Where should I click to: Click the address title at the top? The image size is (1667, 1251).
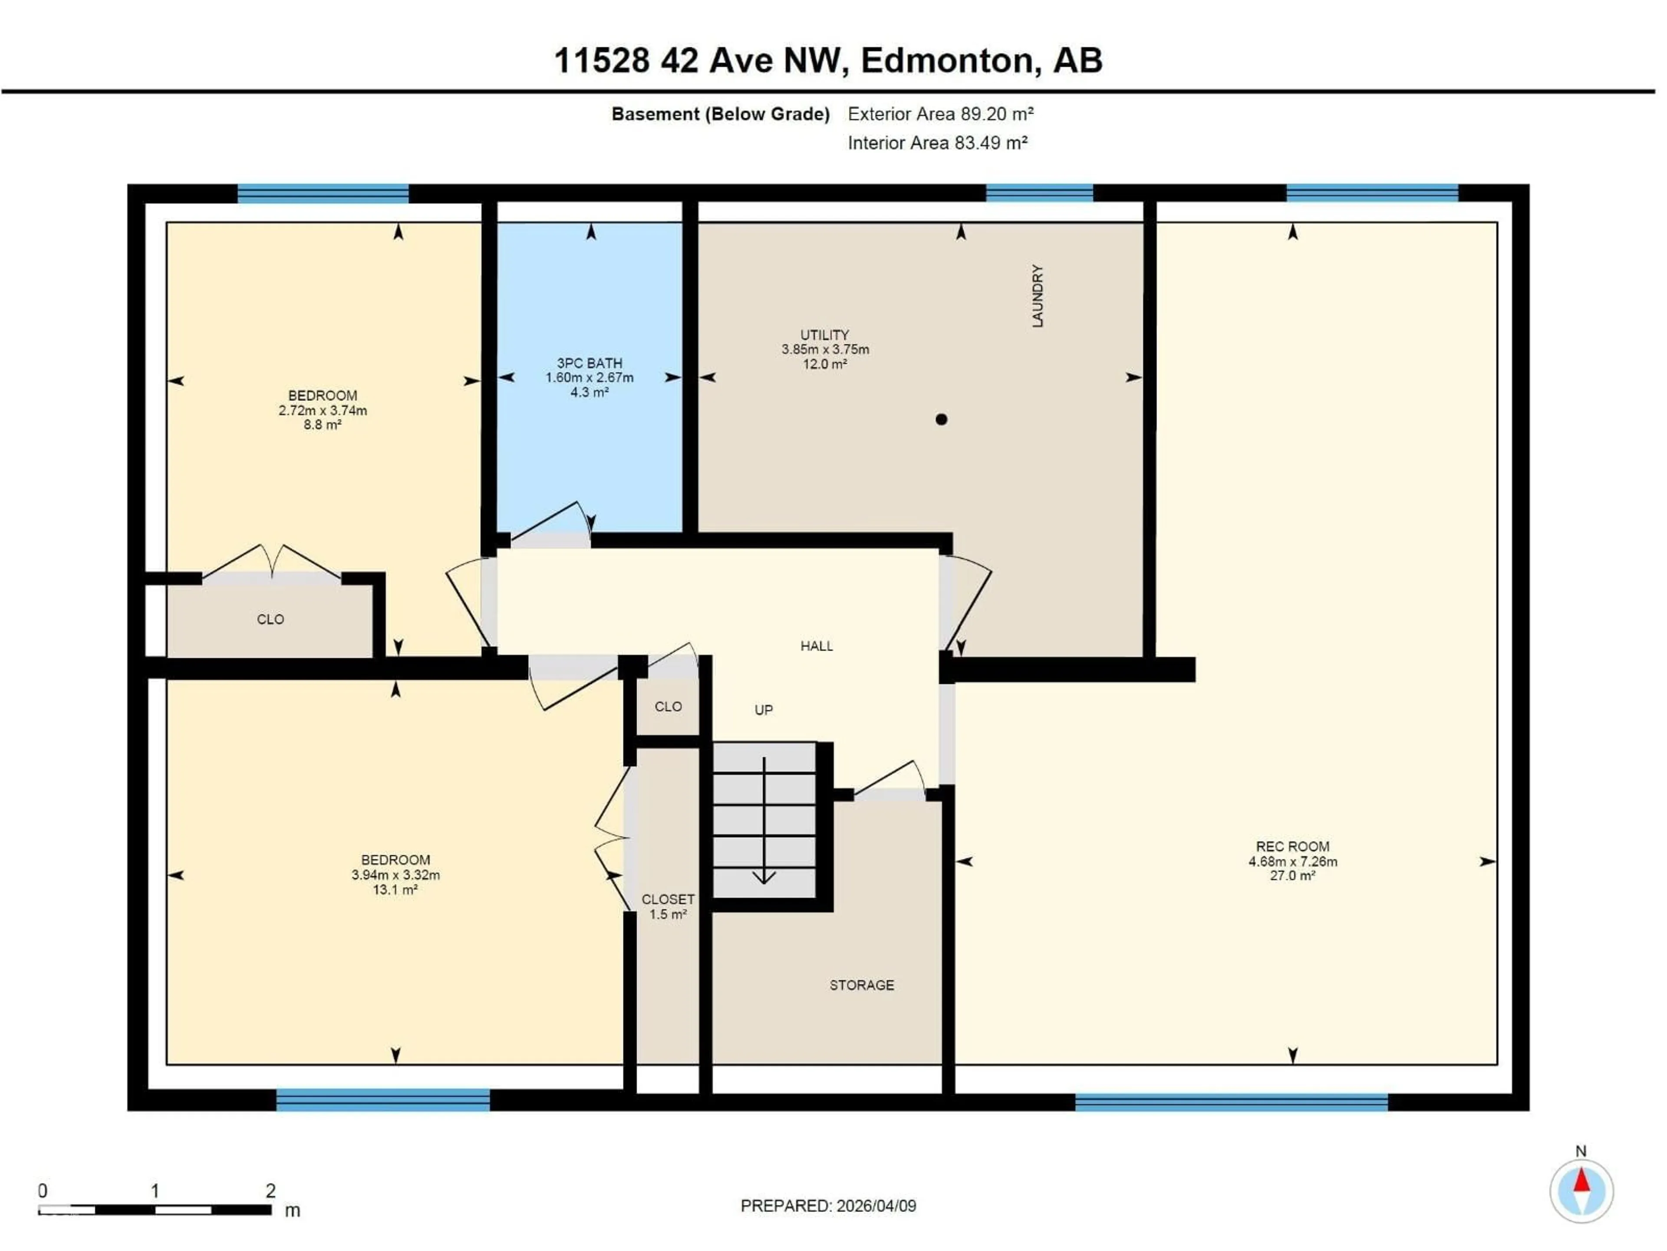(827, 60)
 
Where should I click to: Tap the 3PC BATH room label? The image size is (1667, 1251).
(590, 363)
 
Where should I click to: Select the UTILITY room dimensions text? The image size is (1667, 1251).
(825, 349)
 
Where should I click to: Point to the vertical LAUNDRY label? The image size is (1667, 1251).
(1038, 296)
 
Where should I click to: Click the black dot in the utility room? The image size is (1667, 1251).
(941, 419)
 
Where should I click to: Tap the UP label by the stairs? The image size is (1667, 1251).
(764, 710)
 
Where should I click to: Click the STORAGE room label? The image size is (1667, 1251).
(861, 985)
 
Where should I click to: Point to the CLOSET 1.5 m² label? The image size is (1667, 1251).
(668, 907)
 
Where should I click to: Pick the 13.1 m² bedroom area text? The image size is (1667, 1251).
(395, 890)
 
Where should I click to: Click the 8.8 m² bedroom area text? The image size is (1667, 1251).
(323, 424)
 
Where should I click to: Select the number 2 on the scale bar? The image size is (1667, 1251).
(270, 1191)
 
